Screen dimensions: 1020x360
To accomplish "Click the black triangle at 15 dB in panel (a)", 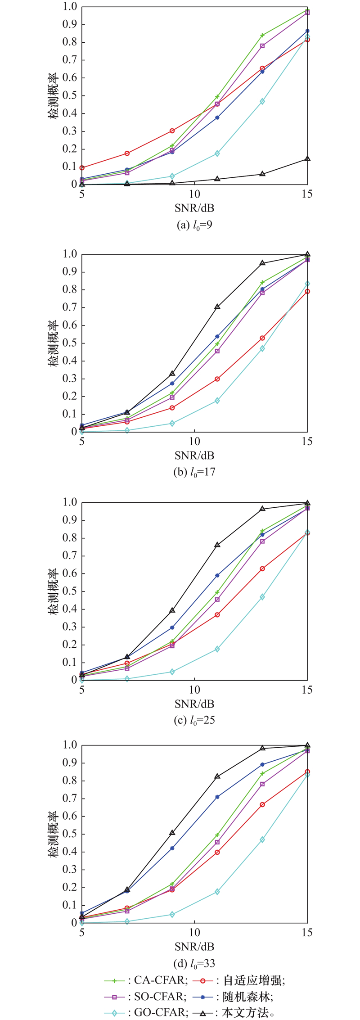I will [307, 158].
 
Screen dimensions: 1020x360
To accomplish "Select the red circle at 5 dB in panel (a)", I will [82, 167].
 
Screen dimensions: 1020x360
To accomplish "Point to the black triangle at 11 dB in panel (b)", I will [217, 307].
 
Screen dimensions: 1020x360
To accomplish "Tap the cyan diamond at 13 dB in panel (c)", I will [262, 597].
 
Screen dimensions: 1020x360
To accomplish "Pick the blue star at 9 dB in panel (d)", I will [172, 848].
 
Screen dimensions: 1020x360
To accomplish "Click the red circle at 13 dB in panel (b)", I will [262, 338].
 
